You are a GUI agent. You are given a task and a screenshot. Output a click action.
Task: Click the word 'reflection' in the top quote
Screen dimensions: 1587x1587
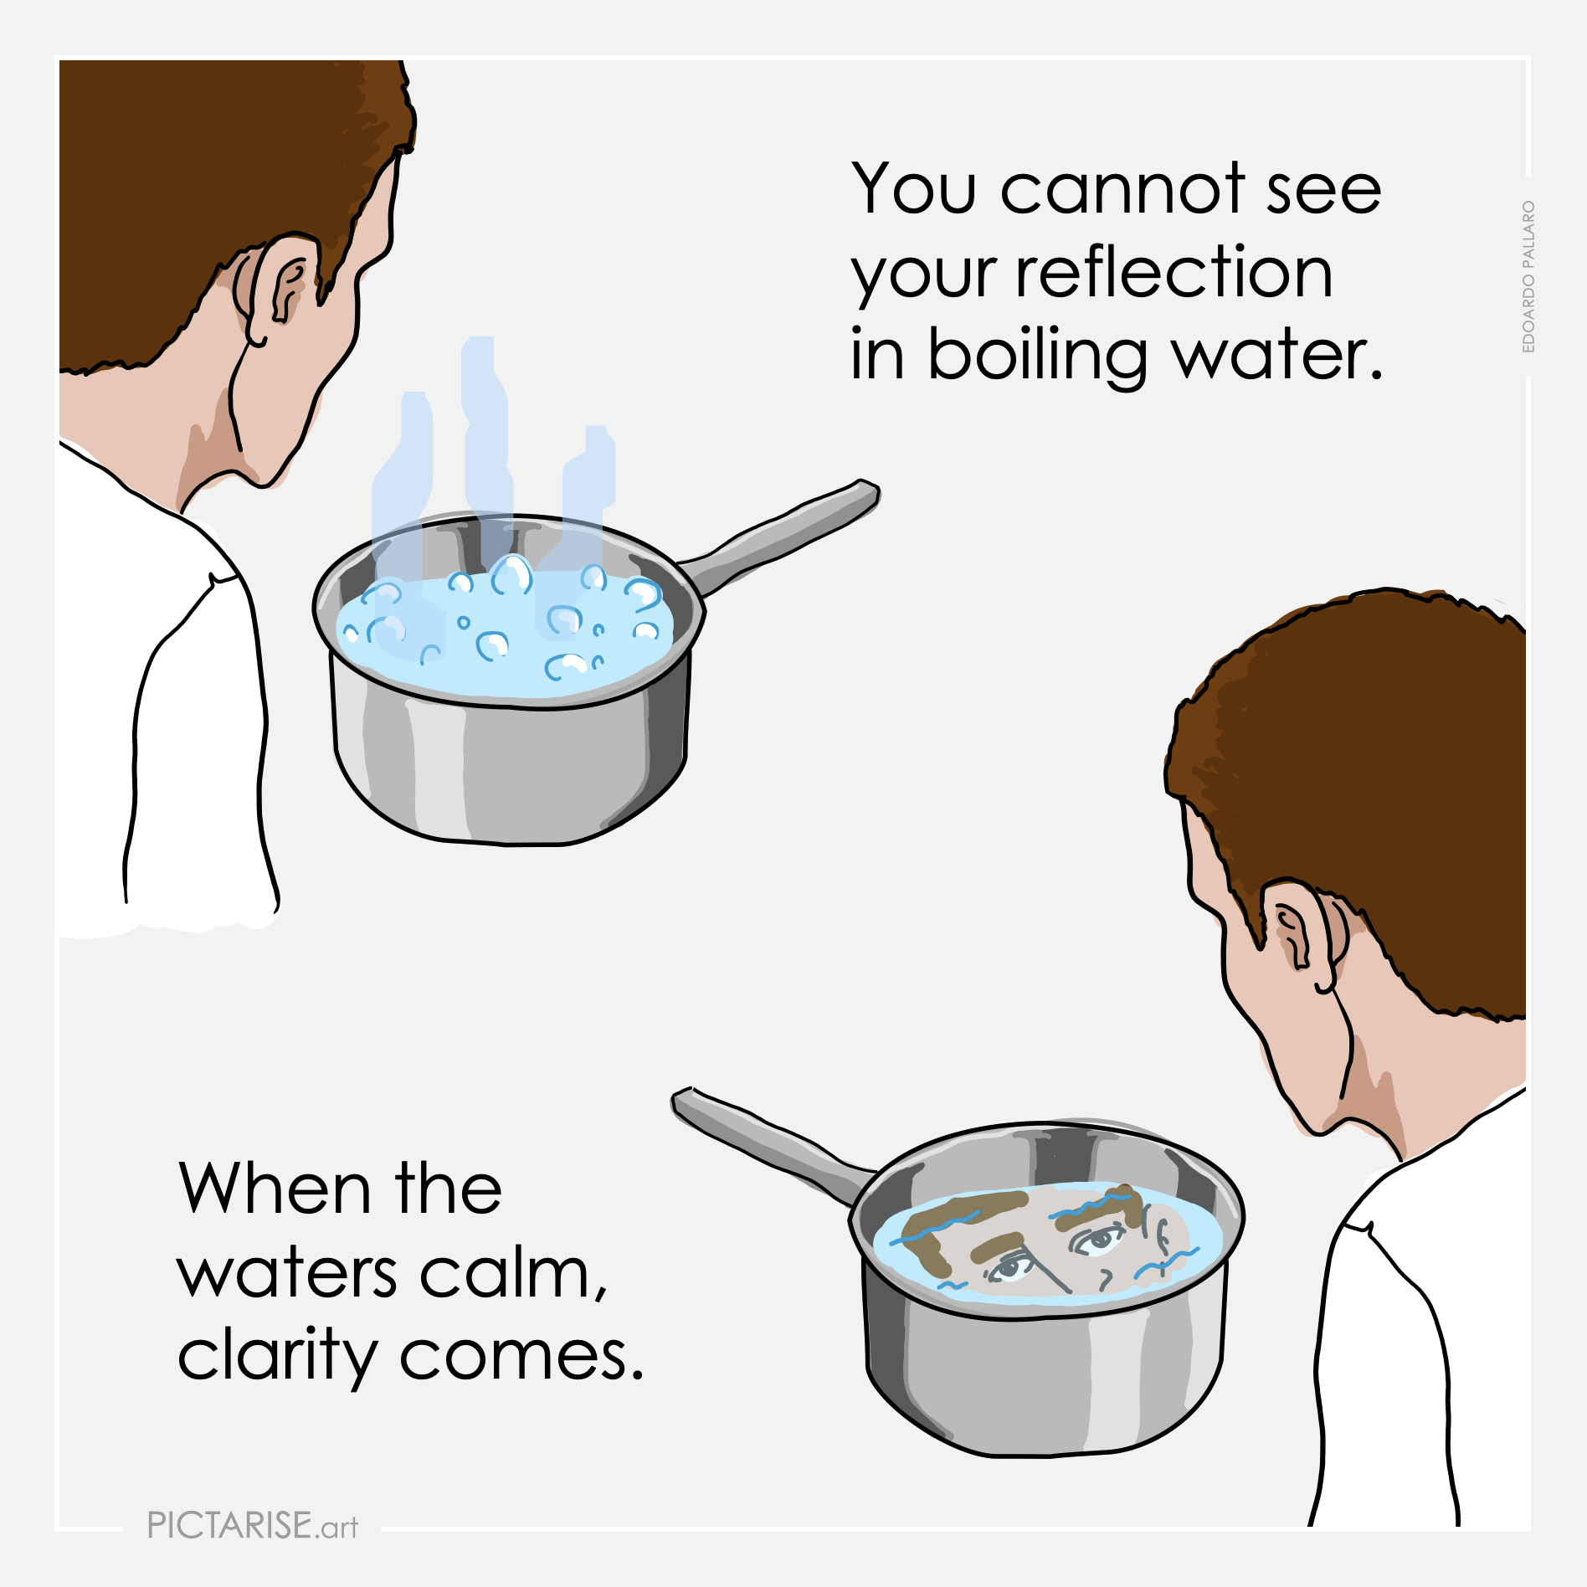[x=1174, y=273]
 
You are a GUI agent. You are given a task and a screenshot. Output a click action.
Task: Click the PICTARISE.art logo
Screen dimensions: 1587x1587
[x=253, y=1525]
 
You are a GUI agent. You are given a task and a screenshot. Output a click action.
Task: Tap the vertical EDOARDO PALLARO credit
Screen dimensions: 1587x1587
[x=1528, y=276]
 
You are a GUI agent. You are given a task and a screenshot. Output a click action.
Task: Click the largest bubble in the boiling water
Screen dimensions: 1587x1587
[x=511, y=574]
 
